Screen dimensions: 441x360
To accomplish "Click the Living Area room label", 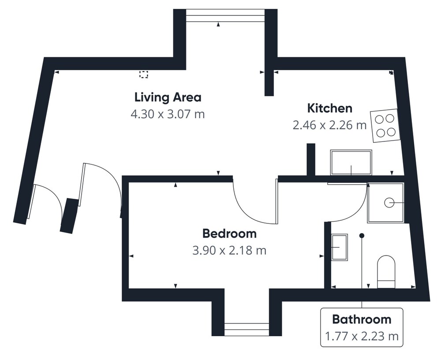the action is pos(168,97).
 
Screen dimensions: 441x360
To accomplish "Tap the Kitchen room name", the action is pos(329,108).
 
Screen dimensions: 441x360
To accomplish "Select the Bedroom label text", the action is pos(229,234).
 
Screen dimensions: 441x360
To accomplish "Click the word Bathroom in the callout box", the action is pos(362,319).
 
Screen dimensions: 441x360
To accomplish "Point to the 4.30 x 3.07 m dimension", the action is pos(168,114).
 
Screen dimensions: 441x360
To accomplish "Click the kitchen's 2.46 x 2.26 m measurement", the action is pos(329,125).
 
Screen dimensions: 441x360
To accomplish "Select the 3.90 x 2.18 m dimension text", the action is pos(229,250).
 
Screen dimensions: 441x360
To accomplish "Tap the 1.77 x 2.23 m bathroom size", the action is pos(362,336).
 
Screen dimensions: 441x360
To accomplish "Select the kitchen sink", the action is pos(351,163).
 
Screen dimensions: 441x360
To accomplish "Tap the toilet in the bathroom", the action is pos(386,272).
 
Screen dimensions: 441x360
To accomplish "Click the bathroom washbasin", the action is pos(340,247).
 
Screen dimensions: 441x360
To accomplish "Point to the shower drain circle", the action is pos(389,203).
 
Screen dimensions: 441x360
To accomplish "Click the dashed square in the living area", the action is pos(144,74).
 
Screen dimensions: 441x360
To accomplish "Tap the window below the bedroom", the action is pos(247,329).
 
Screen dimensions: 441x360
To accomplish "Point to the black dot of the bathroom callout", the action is pos(362,235).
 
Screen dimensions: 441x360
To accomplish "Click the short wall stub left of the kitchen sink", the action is pos(311,160).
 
